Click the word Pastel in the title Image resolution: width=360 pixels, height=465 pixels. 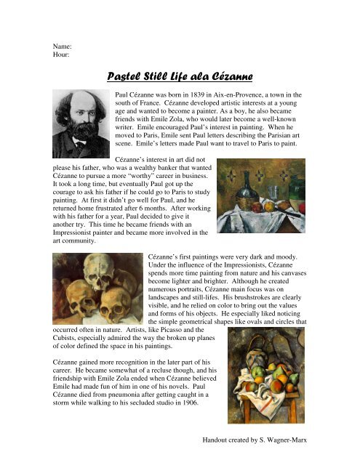tap(124, 76)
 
